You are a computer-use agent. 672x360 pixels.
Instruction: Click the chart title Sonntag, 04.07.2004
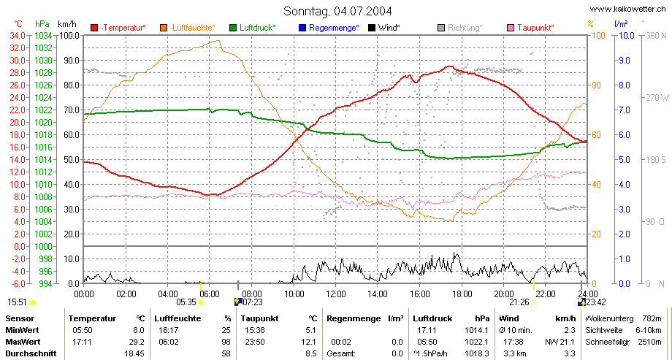coord(337,11)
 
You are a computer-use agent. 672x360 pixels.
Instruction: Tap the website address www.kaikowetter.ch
coord(627,9)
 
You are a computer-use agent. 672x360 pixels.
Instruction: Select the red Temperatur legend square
coord(94,28)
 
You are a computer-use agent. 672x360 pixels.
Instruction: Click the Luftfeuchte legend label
coord(192,28)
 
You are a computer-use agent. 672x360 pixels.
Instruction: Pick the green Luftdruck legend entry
coord(253,28)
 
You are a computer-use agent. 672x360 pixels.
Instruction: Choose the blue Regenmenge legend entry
coord(328,28)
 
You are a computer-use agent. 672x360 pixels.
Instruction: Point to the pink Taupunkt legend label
coord(535,28)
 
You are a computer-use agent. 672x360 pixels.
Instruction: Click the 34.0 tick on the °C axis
coord(17,36)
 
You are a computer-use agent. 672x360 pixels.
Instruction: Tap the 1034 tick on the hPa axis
coord(43,36)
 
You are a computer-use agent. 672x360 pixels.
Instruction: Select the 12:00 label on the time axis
coord(335,294)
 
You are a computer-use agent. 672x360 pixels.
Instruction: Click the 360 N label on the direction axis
coord(656,36)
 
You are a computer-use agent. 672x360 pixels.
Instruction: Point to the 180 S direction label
coord(655,160)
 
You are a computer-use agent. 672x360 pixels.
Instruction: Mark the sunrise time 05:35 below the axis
coord(186,302)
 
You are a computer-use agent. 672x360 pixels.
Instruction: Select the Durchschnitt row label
coord(31,353)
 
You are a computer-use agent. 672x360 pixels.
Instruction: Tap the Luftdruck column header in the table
coord(432,318)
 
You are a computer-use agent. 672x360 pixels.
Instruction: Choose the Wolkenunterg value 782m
coord(652,318)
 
